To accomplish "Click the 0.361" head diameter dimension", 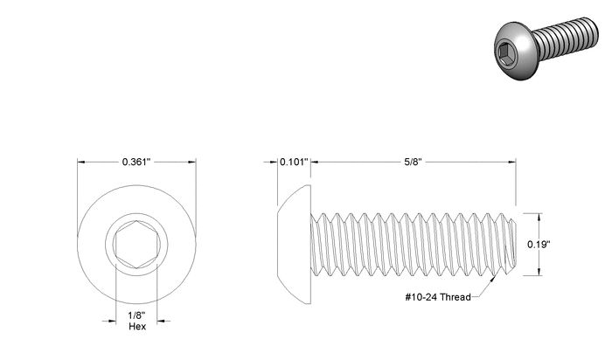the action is (x=136, y=162).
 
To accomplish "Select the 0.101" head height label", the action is (x=294, y=162).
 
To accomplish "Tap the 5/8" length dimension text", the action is (x=413, y=162).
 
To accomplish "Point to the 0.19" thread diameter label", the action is (x=539, y=245).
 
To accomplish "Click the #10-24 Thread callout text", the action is (x=438, y=297).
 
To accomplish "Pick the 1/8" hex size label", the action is (x=136, y=315).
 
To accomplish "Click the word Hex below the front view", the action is (x=137, y=327).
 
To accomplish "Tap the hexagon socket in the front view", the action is (x=136, y=245).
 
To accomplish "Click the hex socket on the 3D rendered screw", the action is (x=505, y=52).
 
